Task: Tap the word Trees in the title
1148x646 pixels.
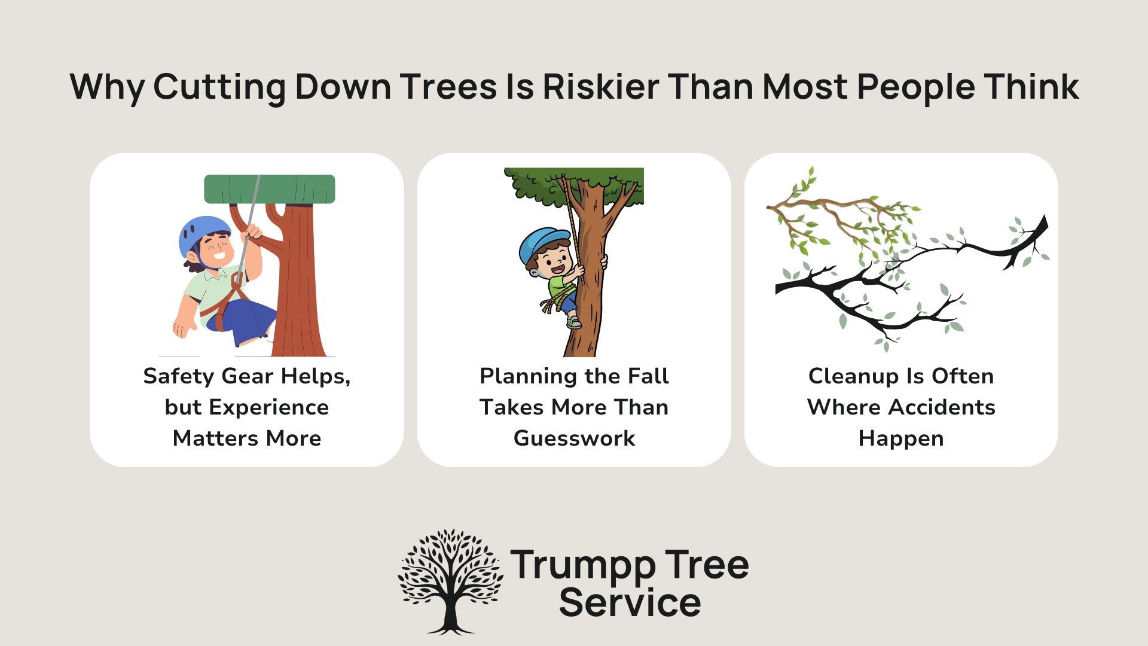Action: [x=448, y=87]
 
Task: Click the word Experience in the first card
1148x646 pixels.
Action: [x=268, y=407]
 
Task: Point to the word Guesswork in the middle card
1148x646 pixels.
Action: [x=574, y=438]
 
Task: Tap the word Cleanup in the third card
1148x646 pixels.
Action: [x=853, y=376]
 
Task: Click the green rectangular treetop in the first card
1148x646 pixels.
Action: [x=270, y=189]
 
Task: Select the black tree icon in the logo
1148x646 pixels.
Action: [x=450, y=581]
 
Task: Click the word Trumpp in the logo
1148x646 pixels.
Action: [x=583, y=565]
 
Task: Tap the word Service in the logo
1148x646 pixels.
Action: [x=630, y=602]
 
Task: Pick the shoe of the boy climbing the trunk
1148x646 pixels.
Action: [x=574, y=323]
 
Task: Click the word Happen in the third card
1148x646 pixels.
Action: [x=901, y=438]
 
